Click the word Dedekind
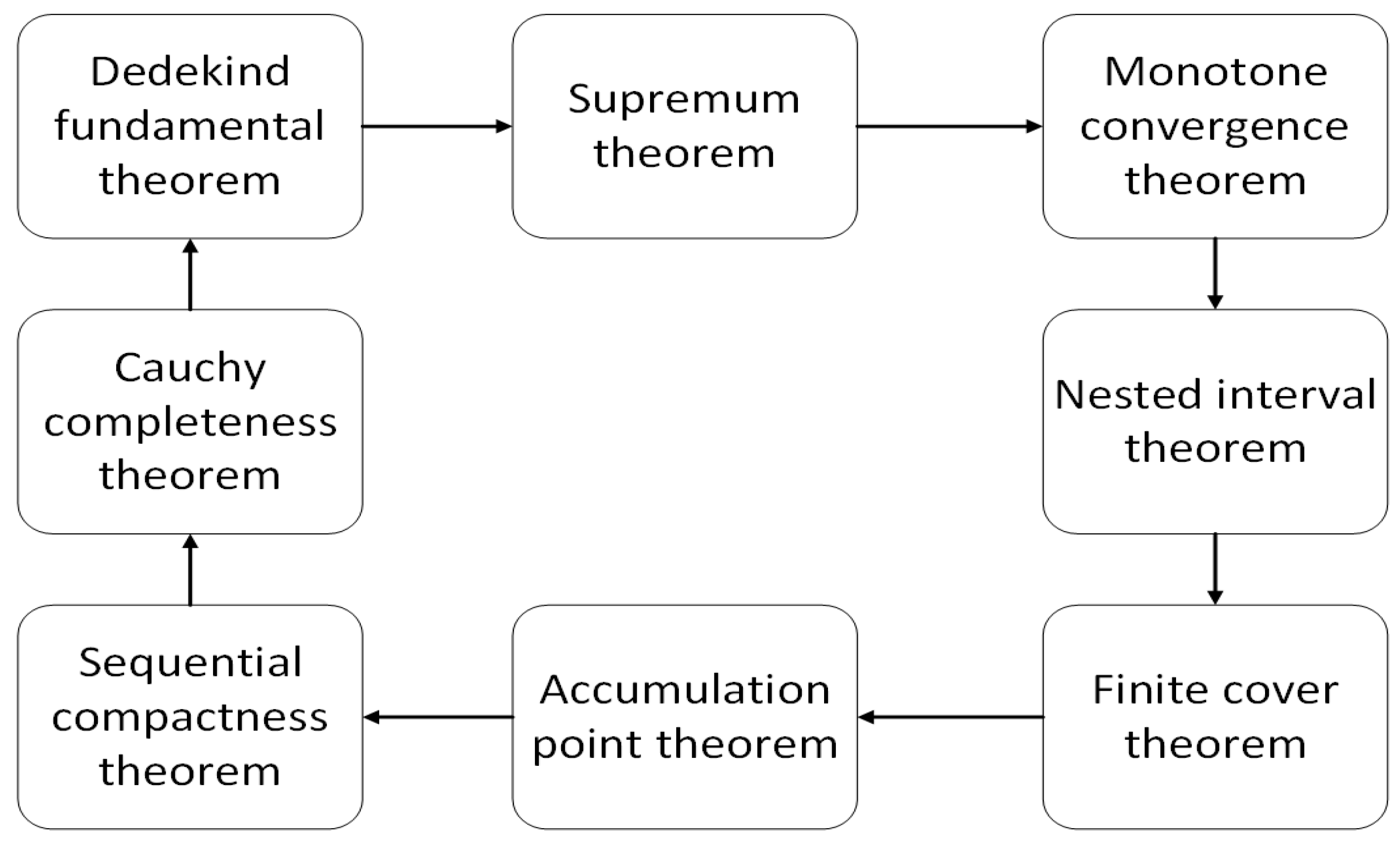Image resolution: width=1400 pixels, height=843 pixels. pyautogui.click(x=190, y=72)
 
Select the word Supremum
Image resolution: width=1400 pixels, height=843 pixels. pyautogui.click(x=684, y=99)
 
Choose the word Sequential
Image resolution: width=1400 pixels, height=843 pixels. pyautogui.click(x=190, y=663)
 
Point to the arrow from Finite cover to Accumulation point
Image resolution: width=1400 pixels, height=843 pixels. pyautogui.click(x=950, y=717)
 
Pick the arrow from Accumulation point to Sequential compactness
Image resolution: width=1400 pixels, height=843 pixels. pyautogui.click(x=438, y=717)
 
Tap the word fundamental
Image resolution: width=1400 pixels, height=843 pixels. pyautogui.click(x=190, y=126)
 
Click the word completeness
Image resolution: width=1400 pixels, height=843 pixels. pyautogui.click(x=190, y=423)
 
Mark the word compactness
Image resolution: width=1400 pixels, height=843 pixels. pyautogui.click(x=190, y=718)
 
